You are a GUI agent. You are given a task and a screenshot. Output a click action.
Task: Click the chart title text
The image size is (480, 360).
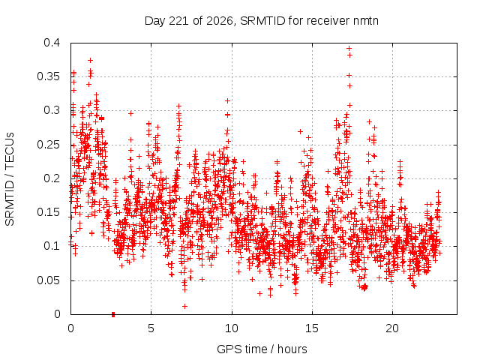262,21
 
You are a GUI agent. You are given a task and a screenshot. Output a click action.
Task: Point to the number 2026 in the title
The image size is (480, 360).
219,21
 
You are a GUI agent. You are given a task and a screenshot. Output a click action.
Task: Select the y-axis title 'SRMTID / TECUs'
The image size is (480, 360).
10,179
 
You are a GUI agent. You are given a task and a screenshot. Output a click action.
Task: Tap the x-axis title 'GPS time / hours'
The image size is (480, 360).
262,349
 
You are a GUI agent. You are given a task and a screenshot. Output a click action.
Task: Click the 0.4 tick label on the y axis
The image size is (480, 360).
52,43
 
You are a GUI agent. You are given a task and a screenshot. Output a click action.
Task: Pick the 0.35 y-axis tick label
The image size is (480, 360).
48,76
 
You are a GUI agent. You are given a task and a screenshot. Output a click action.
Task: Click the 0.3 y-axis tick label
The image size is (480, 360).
52,110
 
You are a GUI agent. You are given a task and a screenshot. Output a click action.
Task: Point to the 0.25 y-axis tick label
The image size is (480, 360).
48,145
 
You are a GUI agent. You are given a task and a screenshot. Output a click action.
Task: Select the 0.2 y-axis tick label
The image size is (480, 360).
52,178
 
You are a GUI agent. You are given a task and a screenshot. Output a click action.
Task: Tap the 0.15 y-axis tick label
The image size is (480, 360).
48,212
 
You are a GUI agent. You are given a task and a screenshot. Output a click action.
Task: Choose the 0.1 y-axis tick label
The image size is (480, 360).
52,246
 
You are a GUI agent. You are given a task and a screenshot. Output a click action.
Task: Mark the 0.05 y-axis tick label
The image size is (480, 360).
48,280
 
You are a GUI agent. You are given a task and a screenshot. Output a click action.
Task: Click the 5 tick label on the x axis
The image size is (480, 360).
151,328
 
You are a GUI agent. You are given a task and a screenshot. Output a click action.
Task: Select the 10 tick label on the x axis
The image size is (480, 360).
232,328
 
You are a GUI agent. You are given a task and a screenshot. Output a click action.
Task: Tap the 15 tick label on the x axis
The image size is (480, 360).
312,328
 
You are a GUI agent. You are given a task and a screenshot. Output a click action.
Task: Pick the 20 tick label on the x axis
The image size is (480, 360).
392,328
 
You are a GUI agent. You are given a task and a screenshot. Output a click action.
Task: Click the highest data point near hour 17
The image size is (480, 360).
349,48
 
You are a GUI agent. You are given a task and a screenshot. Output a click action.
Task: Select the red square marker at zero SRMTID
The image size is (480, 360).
113,314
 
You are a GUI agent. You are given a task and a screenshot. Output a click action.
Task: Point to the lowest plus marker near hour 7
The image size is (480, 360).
185,306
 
